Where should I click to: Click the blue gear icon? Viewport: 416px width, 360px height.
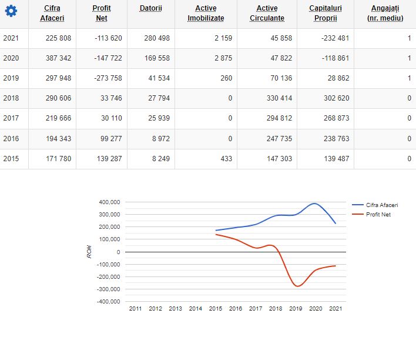(11, 11)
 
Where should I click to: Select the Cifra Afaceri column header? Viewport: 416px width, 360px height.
(52, 14)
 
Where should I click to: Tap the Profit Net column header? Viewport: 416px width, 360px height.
(102, 14)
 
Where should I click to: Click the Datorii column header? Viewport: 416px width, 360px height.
(151, 8)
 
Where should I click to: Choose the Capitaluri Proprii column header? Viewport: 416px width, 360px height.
(325, 14)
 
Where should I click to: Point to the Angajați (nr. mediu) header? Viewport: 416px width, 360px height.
(384, 14)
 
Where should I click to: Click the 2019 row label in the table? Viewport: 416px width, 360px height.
(11, 78)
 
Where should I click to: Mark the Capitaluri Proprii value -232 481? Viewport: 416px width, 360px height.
(332, 38)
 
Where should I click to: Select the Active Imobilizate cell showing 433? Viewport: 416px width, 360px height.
(226, 158)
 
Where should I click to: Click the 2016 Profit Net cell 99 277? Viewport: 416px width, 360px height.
(110, 138)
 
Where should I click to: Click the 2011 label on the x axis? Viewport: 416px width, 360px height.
(135, 308)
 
